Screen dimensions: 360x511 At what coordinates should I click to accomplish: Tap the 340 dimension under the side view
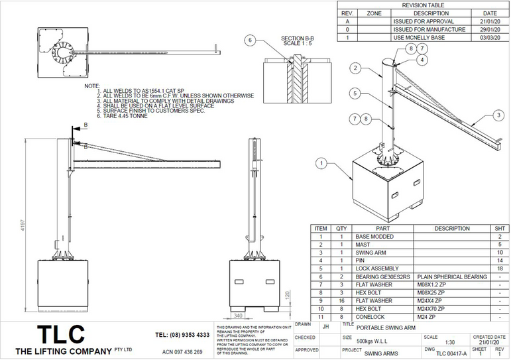(237, 316)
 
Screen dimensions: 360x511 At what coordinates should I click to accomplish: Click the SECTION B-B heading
(295, 38)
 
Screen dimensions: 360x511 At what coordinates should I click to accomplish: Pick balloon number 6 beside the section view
(250, 40)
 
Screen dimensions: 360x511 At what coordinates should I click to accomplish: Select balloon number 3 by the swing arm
(497, 115)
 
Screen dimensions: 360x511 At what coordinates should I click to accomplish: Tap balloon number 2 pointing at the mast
(355, 68)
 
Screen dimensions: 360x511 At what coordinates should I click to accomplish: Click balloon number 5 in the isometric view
(355, 93)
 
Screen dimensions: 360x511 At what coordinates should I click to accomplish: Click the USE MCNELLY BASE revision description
(419, 38)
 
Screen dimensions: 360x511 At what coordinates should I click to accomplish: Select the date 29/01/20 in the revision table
(489, 30)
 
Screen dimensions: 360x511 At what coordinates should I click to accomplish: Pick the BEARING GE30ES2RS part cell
(383, 276)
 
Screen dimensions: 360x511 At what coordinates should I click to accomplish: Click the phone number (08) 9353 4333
(183, 335)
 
